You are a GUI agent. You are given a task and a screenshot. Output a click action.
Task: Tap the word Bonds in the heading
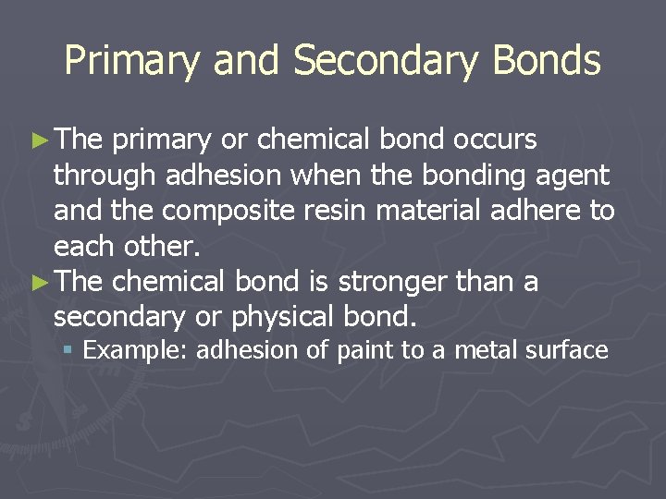(547, 61)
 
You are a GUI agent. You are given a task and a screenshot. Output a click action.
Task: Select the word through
(103, 176)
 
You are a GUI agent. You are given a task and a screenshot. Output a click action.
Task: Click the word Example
(136, 351)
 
